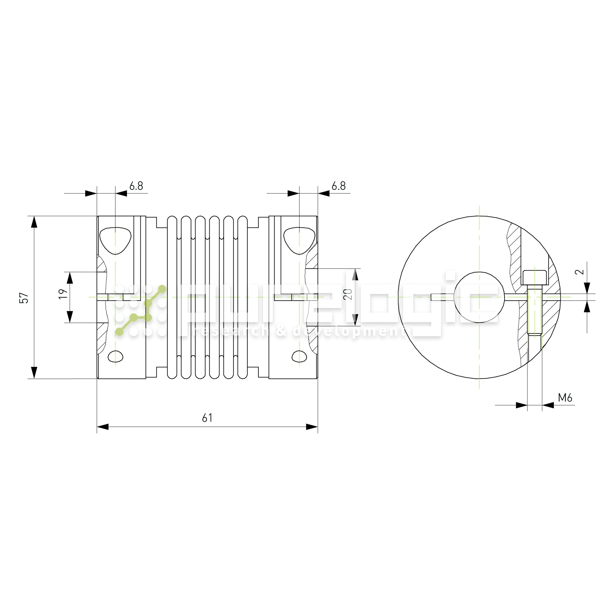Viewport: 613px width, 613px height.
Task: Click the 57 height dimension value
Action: click(24, 298)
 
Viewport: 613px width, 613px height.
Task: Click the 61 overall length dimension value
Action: click(207, 418)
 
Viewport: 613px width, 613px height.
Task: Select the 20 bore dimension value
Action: click(348, 295)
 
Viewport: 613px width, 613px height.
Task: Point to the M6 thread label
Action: click(565, 398)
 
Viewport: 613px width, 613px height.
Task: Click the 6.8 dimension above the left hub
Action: click(136, 186)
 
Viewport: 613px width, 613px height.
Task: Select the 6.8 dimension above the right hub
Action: click(338, 186)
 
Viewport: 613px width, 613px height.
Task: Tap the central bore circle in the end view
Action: click(479, 297)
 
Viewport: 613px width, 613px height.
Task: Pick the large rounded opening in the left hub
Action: click(115, 240)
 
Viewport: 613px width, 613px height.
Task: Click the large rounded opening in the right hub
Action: click(299, 240)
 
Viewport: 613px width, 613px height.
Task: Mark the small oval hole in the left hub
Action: click(116, 356)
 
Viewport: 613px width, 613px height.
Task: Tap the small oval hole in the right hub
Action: click(299, 356)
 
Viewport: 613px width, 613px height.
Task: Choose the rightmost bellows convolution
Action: click(242, 297)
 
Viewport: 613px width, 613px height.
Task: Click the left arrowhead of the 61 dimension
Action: click(103, 427)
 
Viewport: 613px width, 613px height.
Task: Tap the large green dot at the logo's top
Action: click(162, 289)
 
